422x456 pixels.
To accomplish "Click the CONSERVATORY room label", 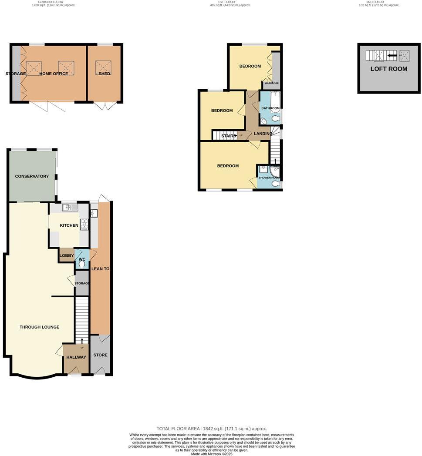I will click(x=32, y=176).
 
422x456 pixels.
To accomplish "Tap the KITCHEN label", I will click(x=69, y=225).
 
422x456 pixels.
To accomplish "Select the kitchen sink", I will click(x=70, y=208).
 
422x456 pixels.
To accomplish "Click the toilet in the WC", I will click(x=82, y=264).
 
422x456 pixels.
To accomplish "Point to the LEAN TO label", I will click(x=100, y=269).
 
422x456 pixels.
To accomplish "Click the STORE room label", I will click(x=101, y=355).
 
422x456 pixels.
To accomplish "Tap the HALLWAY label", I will click(x=76, y=357).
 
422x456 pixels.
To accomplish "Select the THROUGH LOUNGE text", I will click(x=39, y=327).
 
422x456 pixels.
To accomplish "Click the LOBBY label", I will click(x=67, y=255).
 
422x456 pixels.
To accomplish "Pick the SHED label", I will click(x=105, y=74).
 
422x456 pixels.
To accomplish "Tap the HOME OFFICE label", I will click(x=54, y=74).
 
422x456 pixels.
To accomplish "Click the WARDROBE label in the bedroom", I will click(x=272, y=83).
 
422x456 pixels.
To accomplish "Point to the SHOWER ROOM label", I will click(x=269, y=178).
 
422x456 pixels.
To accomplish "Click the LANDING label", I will click(x=263, y=134).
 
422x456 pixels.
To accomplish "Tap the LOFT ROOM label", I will click(x=389, y=69).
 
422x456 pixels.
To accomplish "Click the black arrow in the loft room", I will click(x=392, y=56).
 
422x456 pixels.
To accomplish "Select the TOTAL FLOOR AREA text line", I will click(x=212, y=429).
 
